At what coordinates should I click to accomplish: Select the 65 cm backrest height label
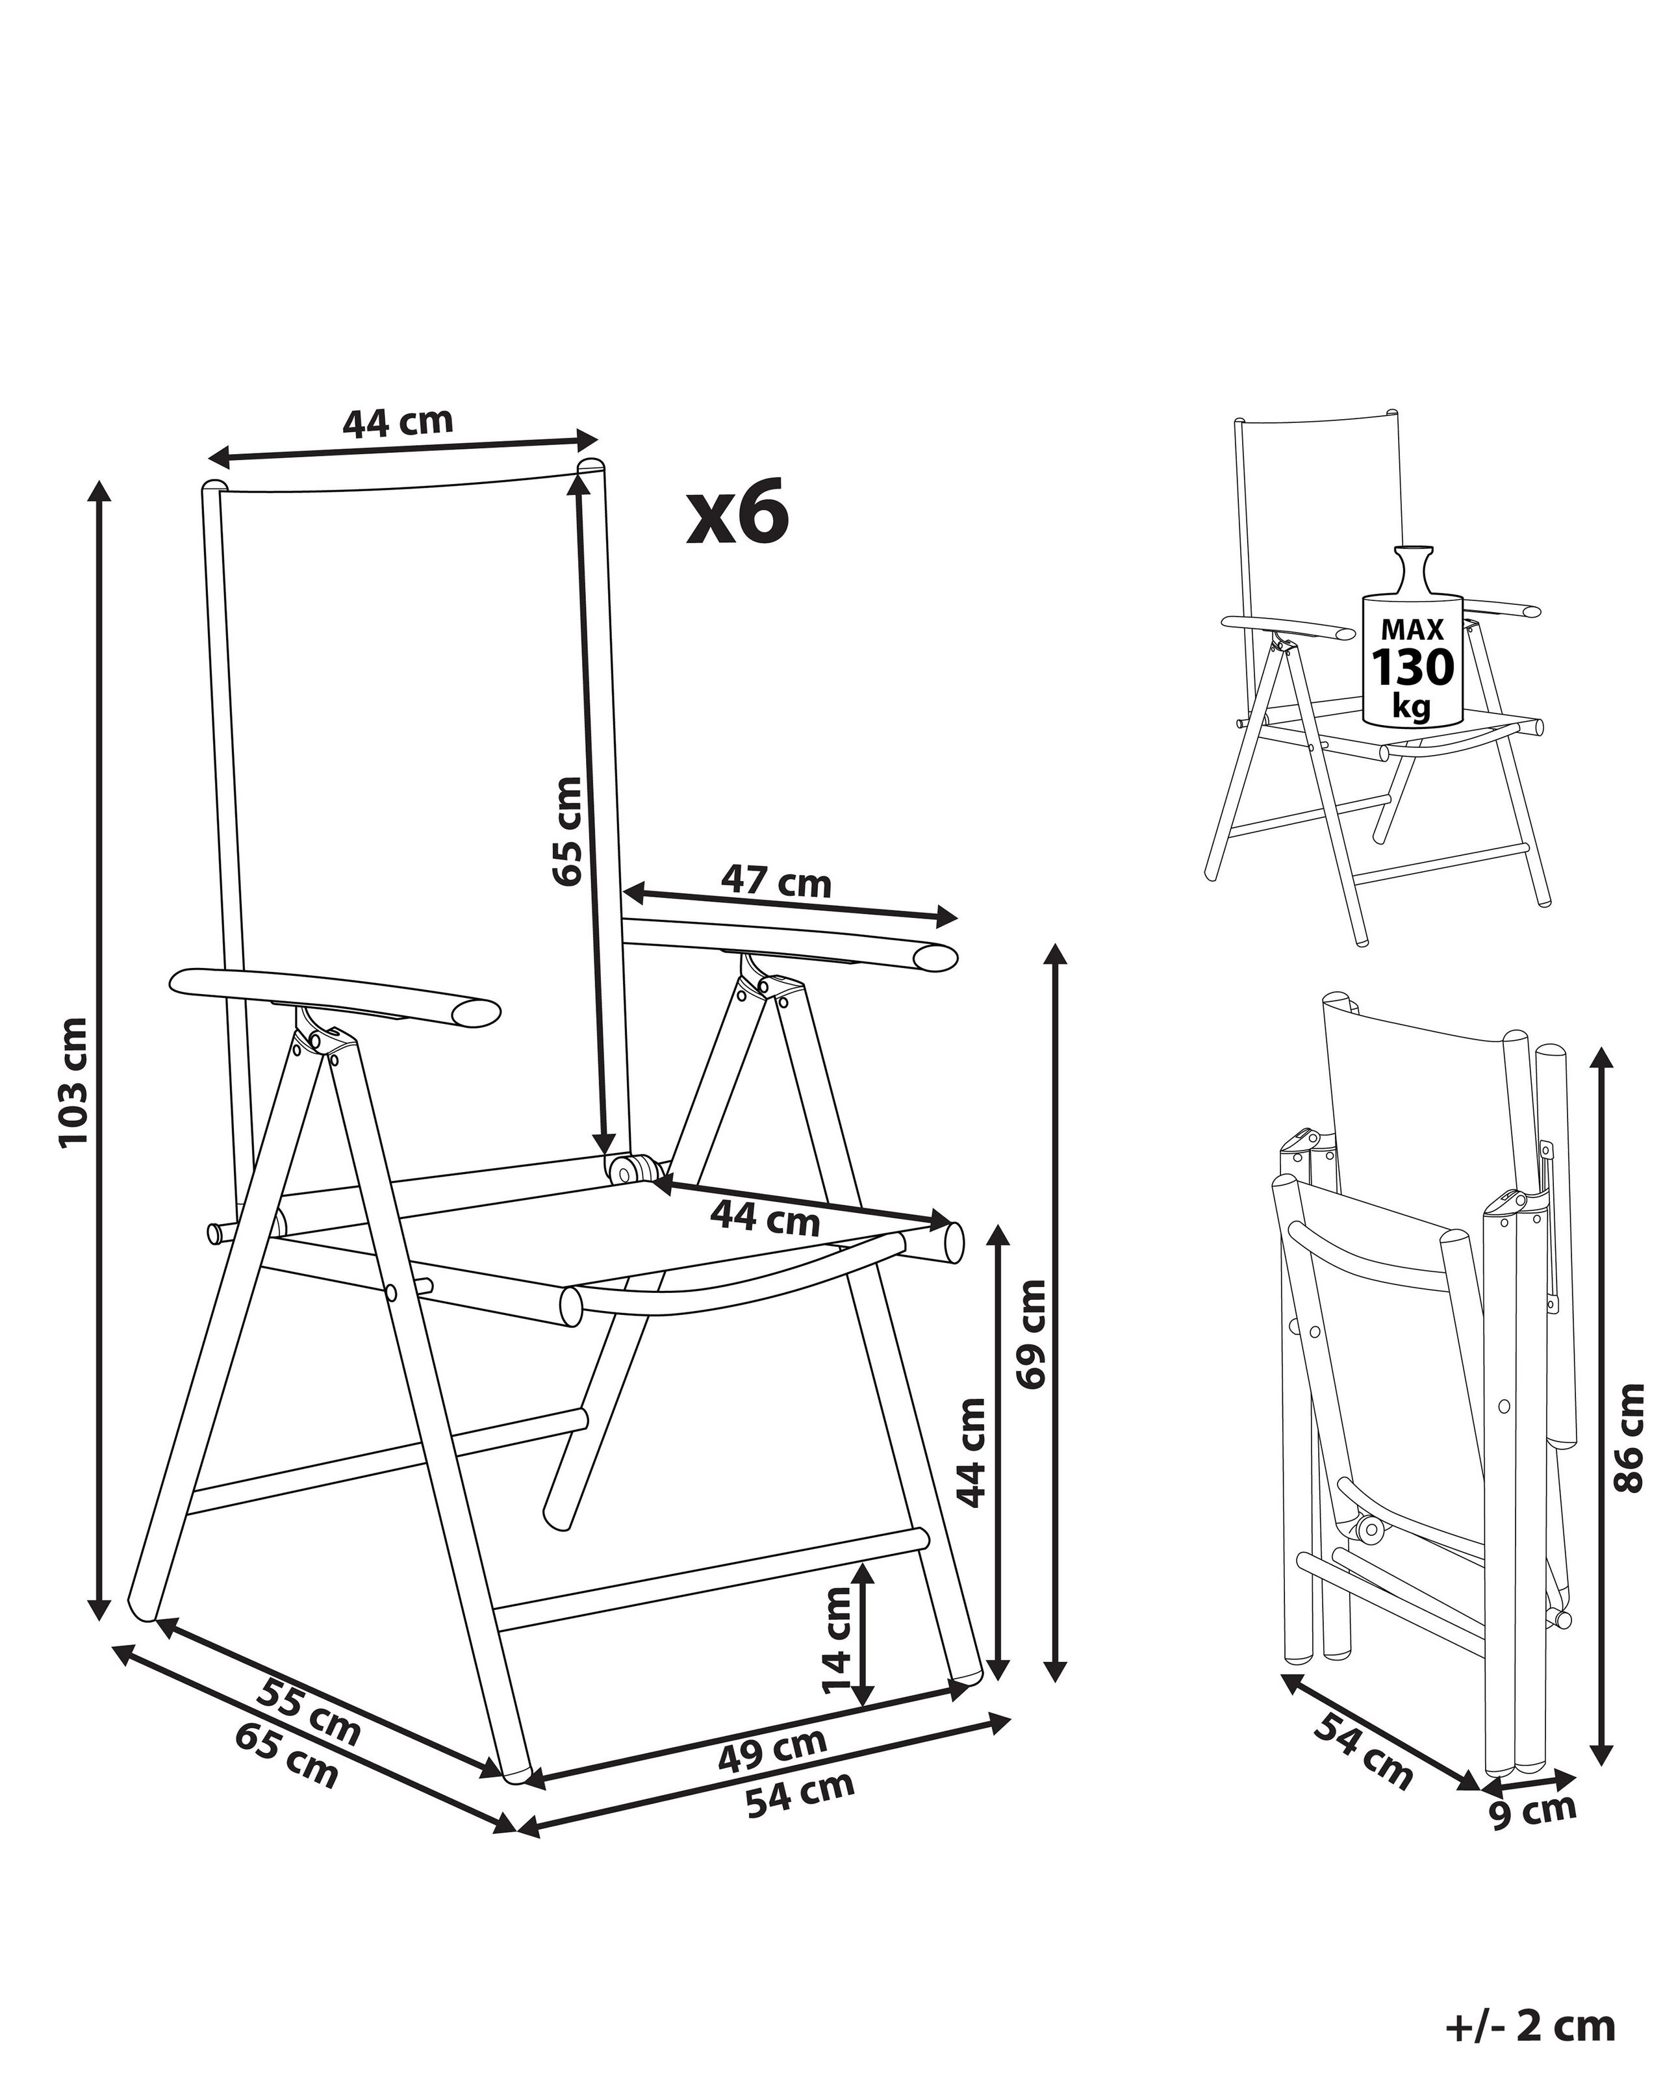click(x=568, y=830)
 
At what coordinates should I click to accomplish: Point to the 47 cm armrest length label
click(x=776, y=882)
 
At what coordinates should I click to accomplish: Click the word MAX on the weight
click(x=1412, y=630)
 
